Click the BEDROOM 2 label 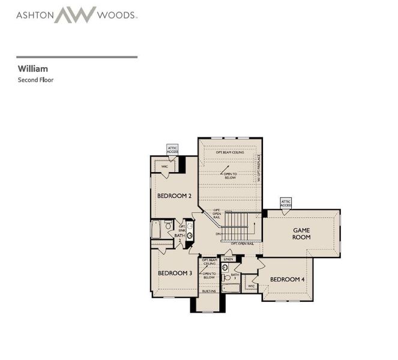coord(174,196)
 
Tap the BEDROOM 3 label coord(175,273)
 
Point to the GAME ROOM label coord(301,233)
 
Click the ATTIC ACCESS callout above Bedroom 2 coord(172,149)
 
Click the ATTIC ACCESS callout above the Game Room coord(286,203)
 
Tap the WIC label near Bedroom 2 coord(164,166)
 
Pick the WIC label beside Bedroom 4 coord(250,286)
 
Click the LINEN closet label coord(228,259)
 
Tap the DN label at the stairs coord(220,233)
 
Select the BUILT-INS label coord(209,291)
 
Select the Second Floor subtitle coord(35,79)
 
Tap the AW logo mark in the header coord(75,14)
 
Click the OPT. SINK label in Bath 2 coord(182,228)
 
